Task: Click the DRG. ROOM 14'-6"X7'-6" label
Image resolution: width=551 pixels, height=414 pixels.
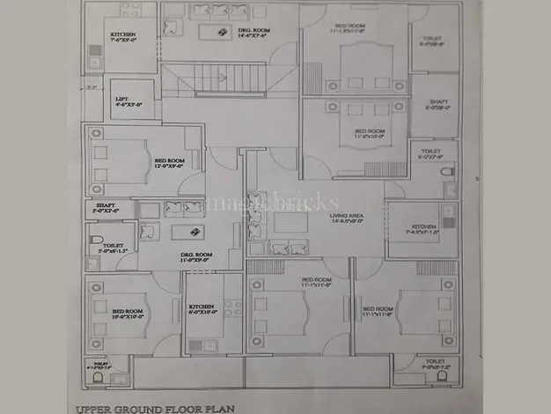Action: pos(254,33)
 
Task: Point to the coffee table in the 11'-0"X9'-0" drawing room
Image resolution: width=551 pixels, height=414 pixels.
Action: pos(187,232)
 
